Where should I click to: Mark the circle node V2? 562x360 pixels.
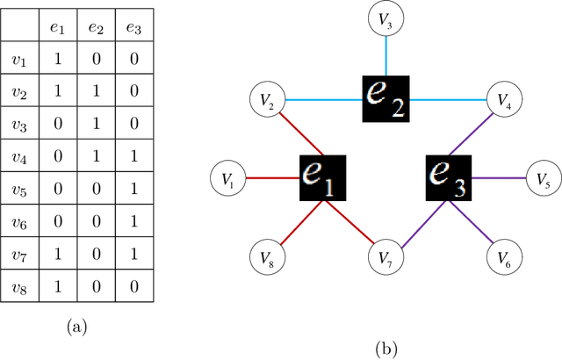pyautogui.click(x=267, y=102)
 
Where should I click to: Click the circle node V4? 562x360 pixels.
pyautogui.click(x=503, y=102)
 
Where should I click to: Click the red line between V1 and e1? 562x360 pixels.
pyautogui.click(x=272, y=179)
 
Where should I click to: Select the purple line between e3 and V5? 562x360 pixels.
pyautogui.click(x=499, y=179)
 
